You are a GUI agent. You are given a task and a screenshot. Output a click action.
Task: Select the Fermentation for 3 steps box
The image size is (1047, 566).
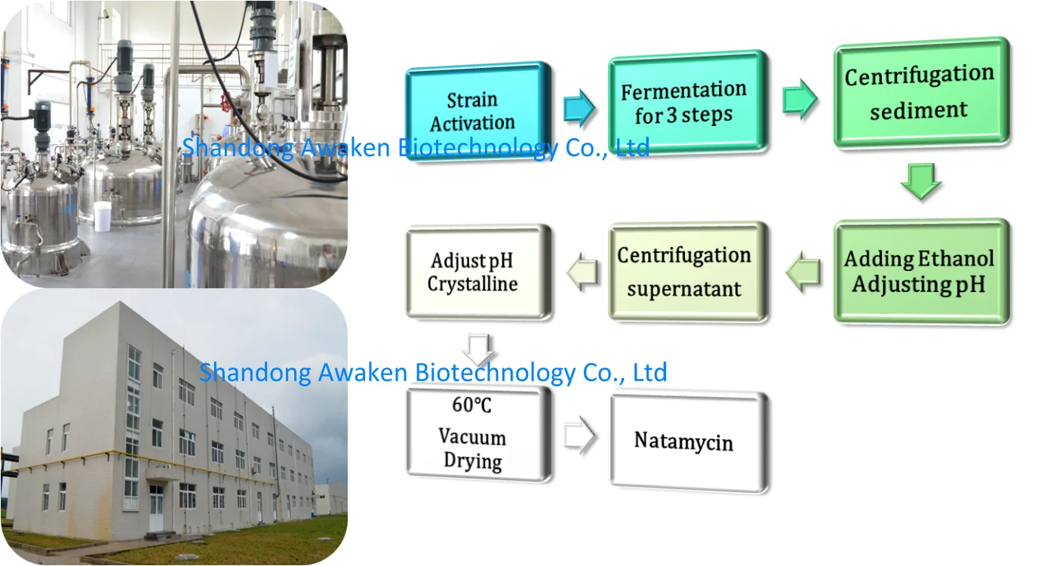point(683,103)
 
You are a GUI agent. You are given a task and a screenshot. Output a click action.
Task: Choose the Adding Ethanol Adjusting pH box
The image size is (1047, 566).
point(920,272)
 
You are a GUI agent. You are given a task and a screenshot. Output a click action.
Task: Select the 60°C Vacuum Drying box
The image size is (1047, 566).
point(477,434)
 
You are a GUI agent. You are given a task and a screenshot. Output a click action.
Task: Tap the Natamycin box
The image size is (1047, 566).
point(686,441)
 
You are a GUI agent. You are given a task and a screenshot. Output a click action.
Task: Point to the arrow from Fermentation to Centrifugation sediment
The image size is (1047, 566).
point(800,100)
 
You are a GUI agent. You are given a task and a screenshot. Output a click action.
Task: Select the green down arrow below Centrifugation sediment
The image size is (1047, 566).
point(920,182)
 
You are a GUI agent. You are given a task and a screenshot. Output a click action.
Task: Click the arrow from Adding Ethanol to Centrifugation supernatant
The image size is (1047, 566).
point(804,272)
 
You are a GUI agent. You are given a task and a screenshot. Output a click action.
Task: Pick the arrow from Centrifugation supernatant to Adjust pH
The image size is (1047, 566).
point(582,272)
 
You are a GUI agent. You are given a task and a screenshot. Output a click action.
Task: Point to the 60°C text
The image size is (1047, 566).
point(471,405)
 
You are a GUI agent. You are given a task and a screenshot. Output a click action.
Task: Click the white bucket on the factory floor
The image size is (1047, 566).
point(103,216)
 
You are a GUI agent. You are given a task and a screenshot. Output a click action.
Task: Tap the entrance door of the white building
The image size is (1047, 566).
point(156,508)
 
